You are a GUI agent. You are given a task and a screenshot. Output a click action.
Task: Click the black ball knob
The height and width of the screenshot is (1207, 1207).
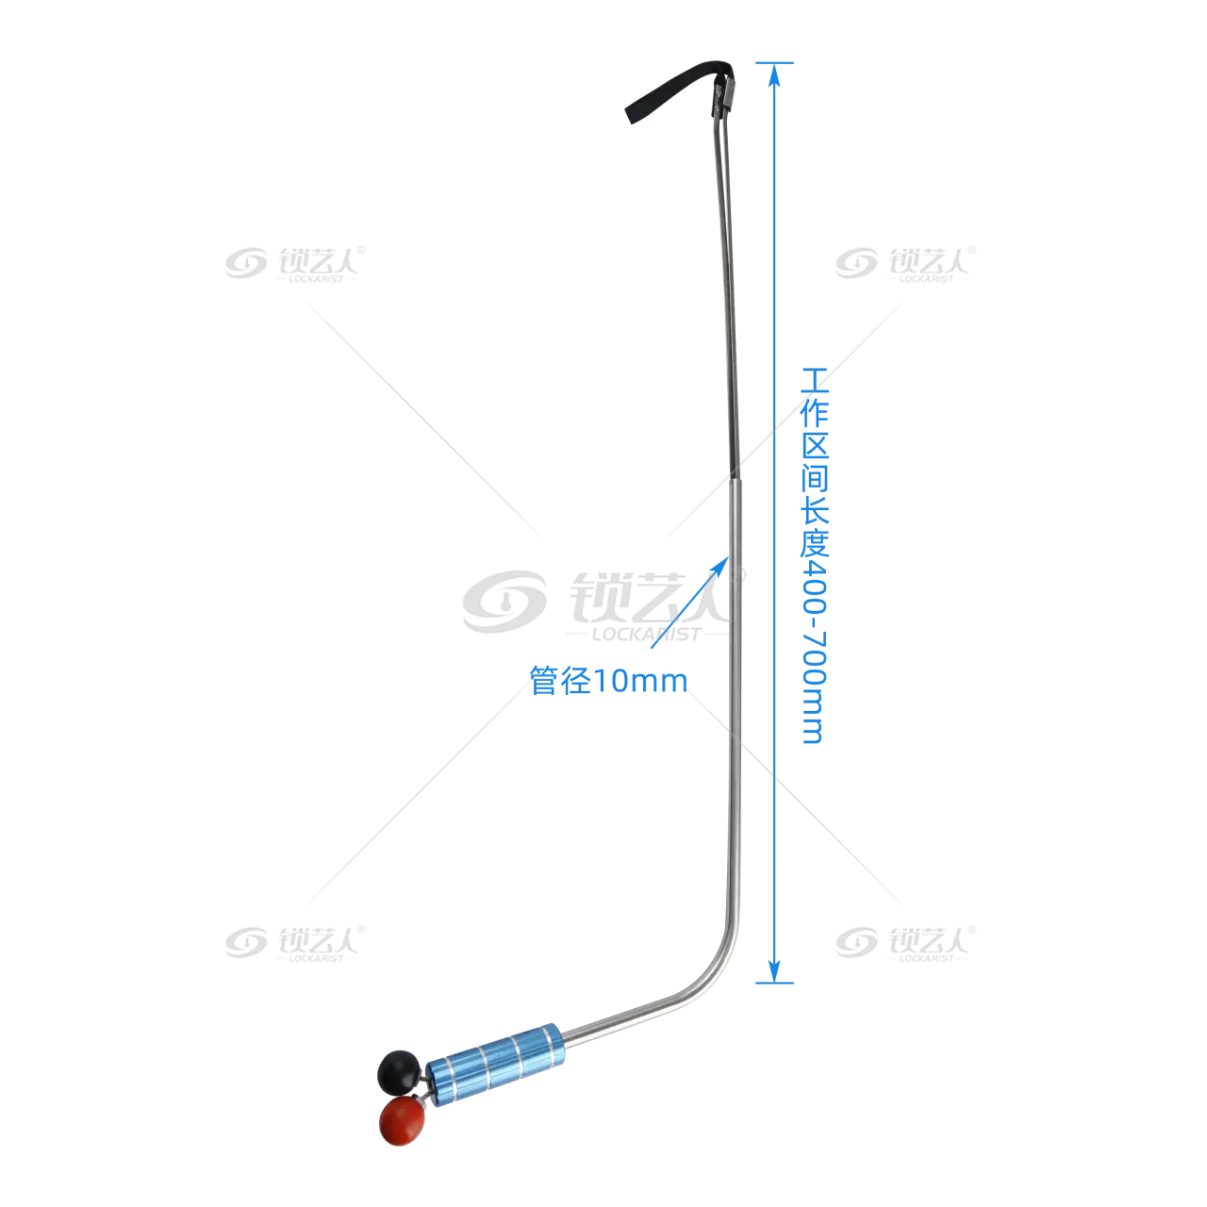(x=398, y=1070)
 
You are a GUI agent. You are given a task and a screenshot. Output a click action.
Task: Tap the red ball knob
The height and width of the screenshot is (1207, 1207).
(x=402, y=1118)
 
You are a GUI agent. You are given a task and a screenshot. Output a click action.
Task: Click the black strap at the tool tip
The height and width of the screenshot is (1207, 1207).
(x=676, y=88)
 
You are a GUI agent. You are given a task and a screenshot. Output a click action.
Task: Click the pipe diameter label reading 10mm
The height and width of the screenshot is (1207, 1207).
(x=608, y=681)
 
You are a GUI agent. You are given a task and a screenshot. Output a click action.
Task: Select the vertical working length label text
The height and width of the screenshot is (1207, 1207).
(x=815, y=555)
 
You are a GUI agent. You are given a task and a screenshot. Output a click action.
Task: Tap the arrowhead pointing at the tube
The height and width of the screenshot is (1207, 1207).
(x=721, y=566)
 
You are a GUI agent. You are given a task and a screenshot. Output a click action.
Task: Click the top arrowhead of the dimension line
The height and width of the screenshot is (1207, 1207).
(x=774, y=75)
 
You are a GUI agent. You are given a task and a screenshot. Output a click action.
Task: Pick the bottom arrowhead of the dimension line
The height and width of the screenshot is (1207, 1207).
(x=774, y=971)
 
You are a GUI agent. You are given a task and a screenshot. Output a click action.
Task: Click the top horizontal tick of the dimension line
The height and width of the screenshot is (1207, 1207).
(x=774, y=63)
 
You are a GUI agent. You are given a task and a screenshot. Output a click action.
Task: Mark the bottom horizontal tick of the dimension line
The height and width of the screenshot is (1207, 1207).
(x=774, y=983)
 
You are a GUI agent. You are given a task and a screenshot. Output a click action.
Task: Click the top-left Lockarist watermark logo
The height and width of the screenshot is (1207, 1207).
(x=295, y=264)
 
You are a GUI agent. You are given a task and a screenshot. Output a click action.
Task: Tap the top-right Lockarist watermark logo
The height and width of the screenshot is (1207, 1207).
(x=905, y=264)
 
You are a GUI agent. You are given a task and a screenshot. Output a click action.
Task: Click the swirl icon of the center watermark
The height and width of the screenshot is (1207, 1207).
(x=504, y=602)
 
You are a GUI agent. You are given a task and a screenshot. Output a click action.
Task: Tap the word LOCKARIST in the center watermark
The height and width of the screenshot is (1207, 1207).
(x=646, y=635)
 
